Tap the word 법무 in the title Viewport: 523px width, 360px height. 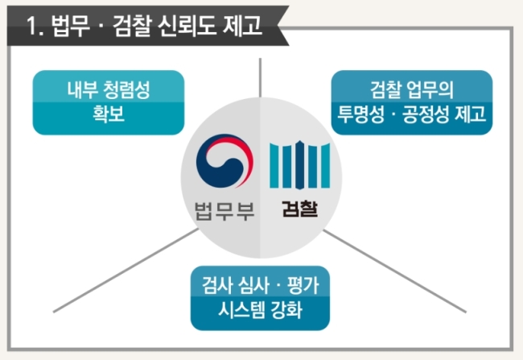pos(71,26)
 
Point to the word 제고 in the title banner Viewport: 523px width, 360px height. pos(242,26)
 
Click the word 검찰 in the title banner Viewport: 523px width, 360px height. pos(132,26)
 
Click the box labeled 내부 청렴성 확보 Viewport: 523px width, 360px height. pos(109,102)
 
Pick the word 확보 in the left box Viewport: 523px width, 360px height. pos(109,114)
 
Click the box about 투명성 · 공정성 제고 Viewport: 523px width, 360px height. pos(412,102)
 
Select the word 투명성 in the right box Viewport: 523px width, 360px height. pos(361,114)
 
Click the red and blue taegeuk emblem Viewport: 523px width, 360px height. pos(224,161)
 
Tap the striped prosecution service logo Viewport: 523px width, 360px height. pos(299,165)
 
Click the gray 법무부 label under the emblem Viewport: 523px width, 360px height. pos(224,211)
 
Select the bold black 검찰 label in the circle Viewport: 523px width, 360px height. pos(299,209)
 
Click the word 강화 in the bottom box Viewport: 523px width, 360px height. pos(286,309)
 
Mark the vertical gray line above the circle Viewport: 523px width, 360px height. pos(260,78)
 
